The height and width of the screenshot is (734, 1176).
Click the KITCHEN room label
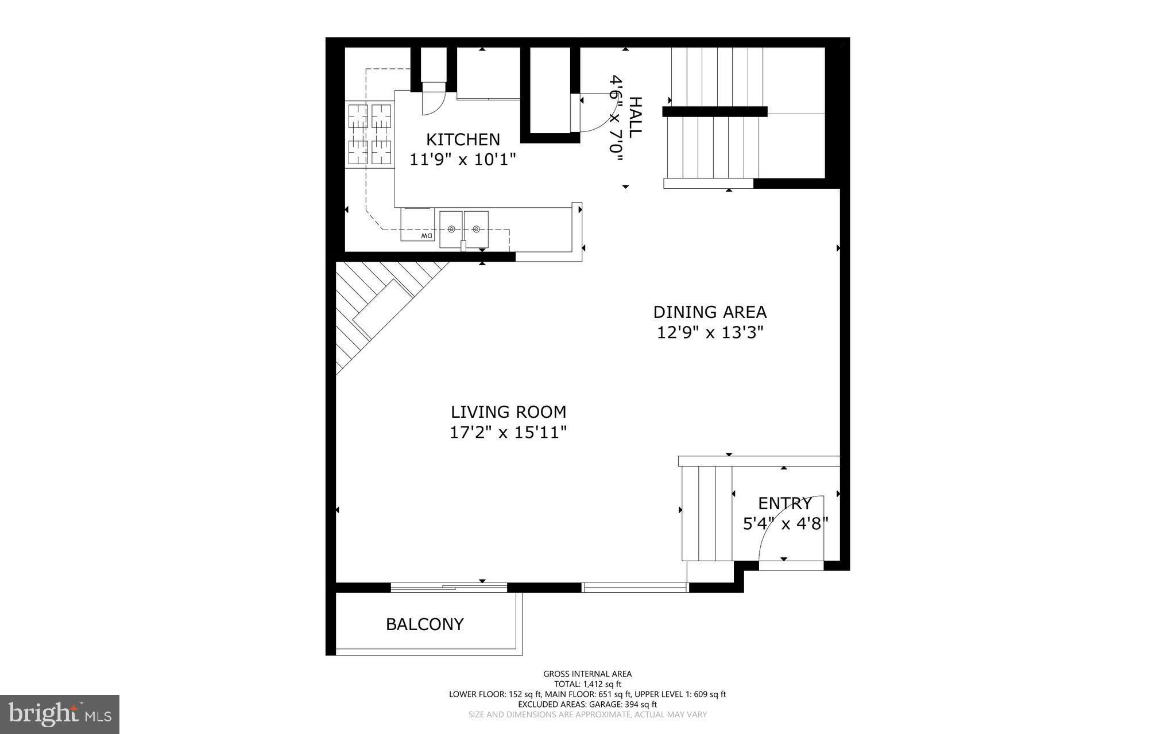(x=463, y=139)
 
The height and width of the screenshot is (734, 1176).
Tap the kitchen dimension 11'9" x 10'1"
(x=463, y=159)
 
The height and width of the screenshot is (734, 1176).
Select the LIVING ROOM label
(x=508, y=412)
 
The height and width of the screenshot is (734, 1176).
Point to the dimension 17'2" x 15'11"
(x=508, y=432)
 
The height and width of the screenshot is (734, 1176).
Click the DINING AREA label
(x=710, y=312)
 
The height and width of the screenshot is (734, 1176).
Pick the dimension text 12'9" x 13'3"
(x=710, y=332)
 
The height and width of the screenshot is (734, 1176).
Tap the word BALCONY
(x=424, y=624)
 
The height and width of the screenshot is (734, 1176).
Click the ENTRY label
(x=784, y=503)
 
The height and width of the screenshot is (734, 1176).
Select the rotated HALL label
(x=635, y=116)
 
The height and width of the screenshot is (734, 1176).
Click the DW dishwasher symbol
(x=425, y=236)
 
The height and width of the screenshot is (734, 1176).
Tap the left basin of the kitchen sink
(x=451, y=229)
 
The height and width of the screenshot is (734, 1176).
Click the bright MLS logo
(x=60, y=714)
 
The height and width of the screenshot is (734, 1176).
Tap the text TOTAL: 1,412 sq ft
(x=587, y=684)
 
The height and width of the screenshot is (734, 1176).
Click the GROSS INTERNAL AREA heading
(x=587, y=674)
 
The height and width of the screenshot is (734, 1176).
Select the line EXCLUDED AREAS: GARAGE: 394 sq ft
(x=587, y=704)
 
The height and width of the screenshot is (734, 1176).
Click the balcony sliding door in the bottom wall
(x=448, y=587)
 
